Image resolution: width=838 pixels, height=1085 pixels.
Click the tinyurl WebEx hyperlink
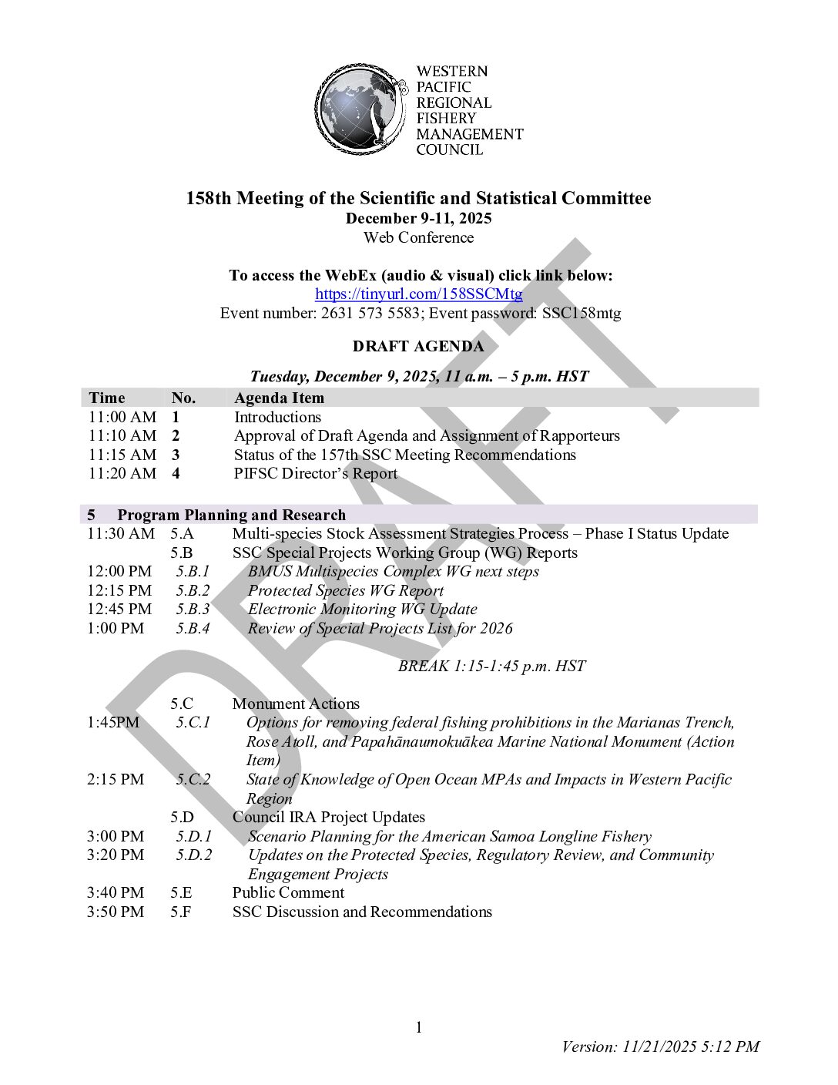click(x=418, y=294)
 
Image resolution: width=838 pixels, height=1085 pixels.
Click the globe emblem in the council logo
click(x=360, y=109)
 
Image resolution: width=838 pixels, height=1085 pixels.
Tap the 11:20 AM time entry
click(x=122, y=474)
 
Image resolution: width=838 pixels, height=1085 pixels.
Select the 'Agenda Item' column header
click(x=279, y=398)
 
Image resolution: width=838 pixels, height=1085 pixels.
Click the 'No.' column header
click(x=183, y=398)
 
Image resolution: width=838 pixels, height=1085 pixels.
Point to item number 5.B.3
click(x=193, y=610)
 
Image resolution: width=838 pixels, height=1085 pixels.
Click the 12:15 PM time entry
click(x=119, y=591)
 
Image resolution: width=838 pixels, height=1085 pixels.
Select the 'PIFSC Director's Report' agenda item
click(x=316, y=474)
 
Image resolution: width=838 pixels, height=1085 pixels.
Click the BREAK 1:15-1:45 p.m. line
click(x=491, y=667)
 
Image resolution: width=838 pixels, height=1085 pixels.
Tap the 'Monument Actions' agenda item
click(x=296, y=704)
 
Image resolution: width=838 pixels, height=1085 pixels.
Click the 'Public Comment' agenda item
click(x=288, y=893)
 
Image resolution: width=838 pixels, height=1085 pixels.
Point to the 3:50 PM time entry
click(x=116, y=912)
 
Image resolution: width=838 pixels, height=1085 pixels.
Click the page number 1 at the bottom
click(x=419, y=1027)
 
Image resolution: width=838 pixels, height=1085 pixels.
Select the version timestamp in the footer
click(x=660, y=1046)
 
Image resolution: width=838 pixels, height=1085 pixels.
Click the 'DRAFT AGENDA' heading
click(x=418, y=347)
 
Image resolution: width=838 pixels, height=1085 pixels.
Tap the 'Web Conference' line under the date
click(x=418, y=238)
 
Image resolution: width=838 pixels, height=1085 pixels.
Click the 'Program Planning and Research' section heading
click(x=231, y=516)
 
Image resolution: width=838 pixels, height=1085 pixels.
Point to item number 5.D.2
click(x=193, y=855)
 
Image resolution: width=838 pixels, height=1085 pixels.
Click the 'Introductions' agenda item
click(x=277, y=418)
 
